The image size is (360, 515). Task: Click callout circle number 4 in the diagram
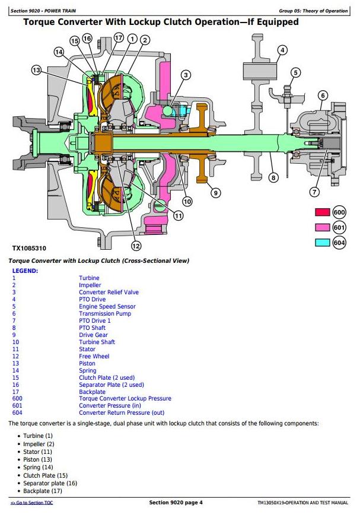[282, 50]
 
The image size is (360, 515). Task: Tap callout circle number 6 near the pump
[323, 95]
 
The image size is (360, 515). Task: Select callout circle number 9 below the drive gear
[215, 192]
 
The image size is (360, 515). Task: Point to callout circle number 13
[36, 71]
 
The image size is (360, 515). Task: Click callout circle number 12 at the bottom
[136, 246]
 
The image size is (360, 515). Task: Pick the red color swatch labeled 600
[323, 212]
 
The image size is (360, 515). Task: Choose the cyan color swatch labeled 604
[323, 241]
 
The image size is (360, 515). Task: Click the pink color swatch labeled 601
[323, 227]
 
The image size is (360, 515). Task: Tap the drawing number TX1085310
[29, 248]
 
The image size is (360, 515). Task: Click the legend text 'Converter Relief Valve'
[109, 292]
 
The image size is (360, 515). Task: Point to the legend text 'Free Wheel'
[94, 356]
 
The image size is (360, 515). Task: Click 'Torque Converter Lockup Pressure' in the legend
[125, 399]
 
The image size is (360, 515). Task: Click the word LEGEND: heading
[25, 271]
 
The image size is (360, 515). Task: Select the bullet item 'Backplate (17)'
[43, 490]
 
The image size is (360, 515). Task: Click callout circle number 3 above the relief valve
[186, 75]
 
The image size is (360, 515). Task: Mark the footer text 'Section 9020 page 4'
[176, 503]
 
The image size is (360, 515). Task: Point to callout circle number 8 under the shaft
[273, 177]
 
